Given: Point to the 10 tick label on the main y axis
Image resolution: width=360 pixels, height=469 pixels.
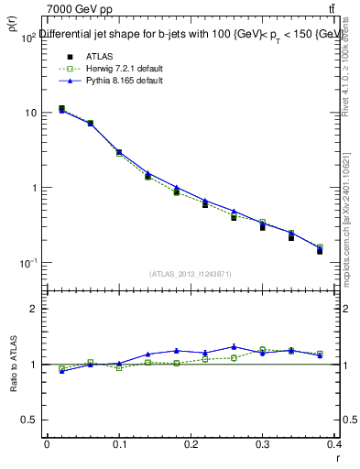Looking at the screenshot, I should (29, 113).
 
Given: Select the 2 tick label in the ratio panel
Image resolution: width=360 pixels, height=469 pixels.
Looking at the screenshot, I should (34, 309).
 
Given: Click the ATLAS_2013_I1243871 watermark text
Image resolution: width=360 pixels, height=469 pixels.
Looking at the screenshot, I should (191, 274).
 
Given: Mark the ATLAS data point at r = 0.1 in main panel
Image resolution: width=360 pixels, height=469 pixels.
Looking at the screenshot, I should (119, 152).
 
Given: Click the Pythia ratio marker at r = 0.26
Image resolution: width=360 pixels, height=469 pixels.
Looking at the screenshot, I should (235, 347).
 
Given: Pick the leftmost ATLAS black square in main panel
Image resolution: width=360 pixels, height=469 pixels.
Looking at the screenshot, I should (61, 108).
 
